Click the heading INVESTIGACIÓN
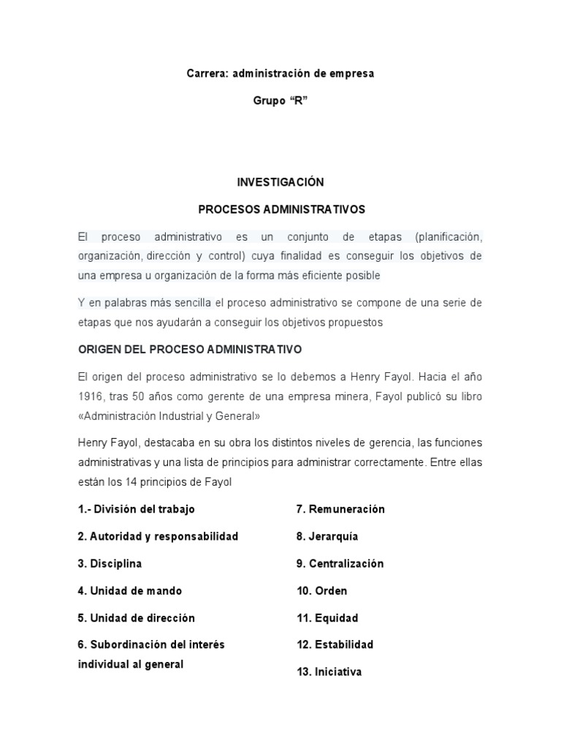pos(280,181)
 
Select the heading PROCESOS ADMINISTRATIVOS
pos(281,209)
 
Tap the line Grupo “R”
pos(280,102)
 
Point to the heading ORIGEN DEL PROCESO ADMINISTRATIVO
pos(190,350)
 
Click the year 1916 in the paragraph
pos(90,396)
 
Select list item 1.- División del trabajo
pos(137,509)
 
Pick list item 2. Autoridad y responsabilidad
pos(158,536)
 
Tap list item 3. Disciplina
pos(110,564)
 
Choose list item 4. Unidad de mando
pos(130,591)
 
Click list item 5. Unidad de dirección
pos(137,618)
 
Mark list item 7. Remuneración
pos(340,509)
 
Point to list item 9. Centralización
pos(340,564)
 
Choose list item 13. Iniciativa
pos(329,671)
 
